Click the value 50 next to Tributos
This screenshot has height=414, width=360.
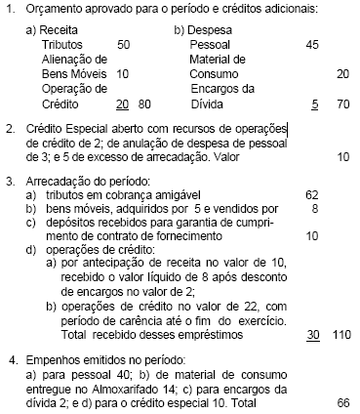[x=124, y=45]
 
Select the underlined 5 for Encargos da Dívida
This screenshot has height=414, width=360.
[x=313, y=103]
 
